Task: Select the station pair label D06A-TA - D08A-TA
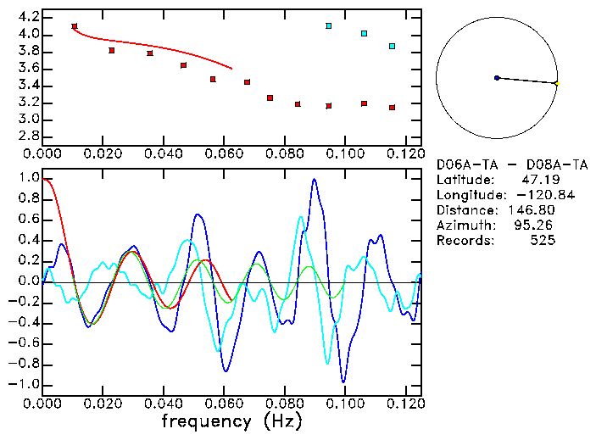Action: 512,165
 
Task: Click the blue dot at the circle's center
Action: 497,78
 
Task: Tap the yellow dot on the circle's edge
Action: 556,83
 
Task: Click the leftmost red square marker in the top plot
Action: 75,27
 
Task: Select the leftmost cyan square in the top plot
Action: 328,26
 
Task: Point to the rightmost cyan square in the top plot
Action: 392,46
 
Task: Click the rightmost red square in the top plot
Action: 392,108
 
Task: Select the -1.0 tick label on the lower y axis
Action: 26,384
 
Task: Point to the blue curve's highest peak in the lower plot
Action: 314,180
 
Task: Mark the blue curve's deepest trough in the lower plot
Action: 343,382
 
